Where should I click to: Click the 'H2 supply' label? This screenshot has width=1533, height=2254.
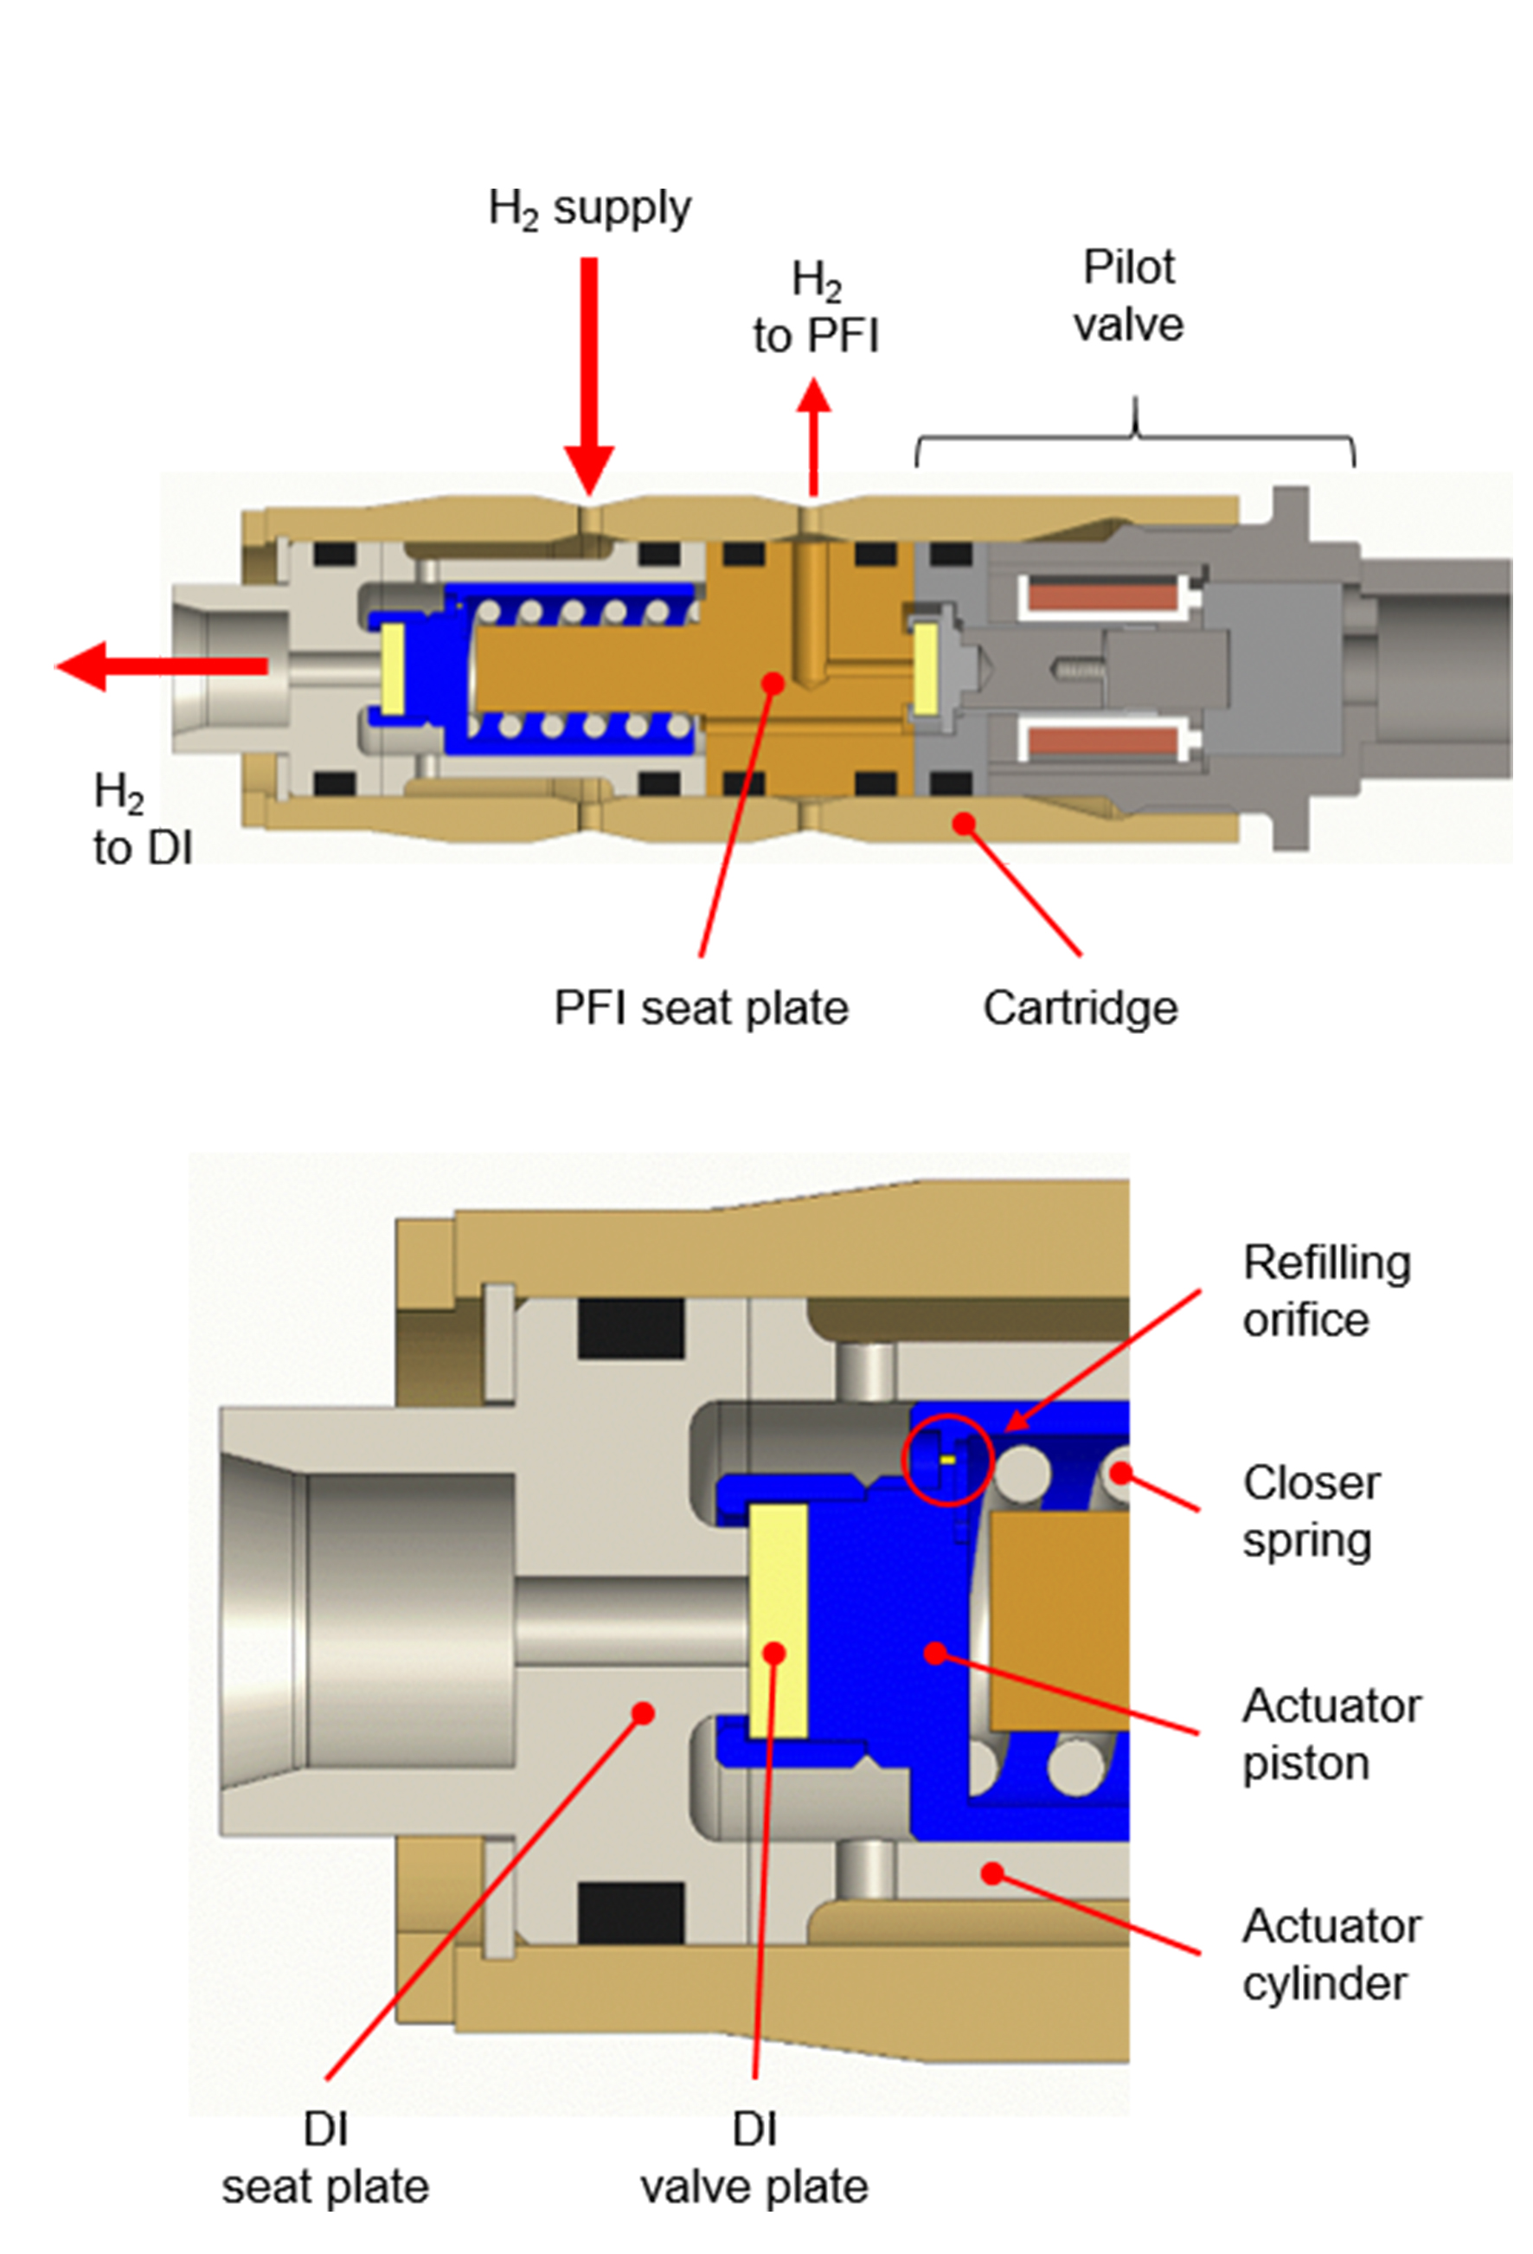(x=588, y=209)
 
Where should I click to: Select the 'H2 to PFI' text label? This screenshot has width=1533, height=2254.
(x=816, y=308)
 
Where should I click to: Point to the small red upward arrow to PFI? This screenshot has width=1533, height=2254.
(x=813, y=436)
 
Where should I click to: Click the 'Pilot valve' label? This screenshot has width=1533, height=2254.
(x=1128, y=296)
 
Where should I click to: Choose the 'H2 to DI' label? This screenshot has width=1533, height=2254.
(x=142, y=819)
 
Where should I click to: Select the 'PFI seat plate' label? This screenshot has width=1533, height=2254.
(x=700, y=1008)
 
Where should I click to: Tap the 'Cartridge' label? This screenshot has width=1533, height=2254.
(x=1081, y=1008)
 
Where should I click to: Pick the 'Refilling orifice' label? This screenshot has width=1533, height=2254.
(x=1325, y=1291)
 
